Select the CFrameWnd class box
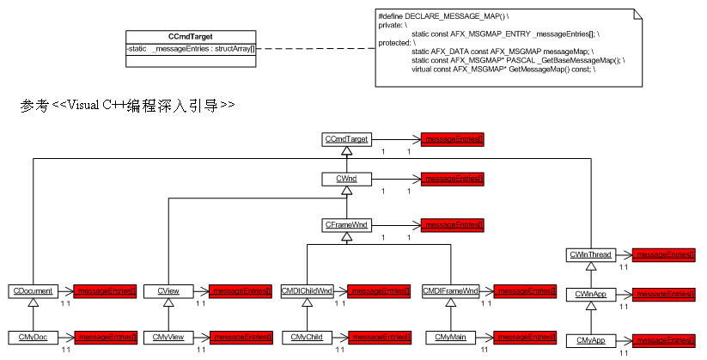click(x=346, y=224)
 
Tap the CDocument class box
click(x=31, y=291)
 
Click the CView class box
click(x=168, y=291)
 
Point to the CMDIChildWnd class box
click(x=307, y=291)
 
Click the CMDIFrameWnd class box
click(x=450, y=291)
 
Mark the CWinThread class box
click(x=589, y=254)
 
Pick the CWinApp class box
click(x=589, y=295)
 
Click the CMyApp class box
click(x=589, y=341)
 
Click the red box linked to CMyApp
click(x=663, y=341)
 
